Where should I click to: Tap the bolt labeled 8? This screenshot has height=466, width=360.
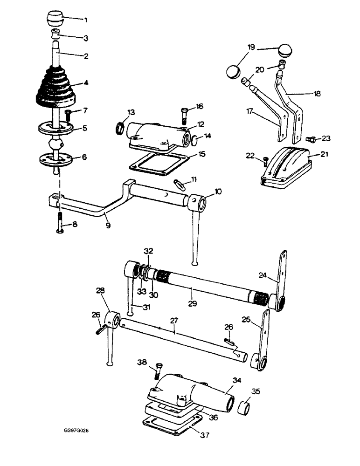[x=60, y=223]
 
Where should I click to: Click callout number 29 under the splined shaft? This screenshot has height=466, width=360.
[x=192, y=303]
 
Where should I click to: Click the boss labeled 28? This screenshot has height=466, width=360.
[x=112, y=320]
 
